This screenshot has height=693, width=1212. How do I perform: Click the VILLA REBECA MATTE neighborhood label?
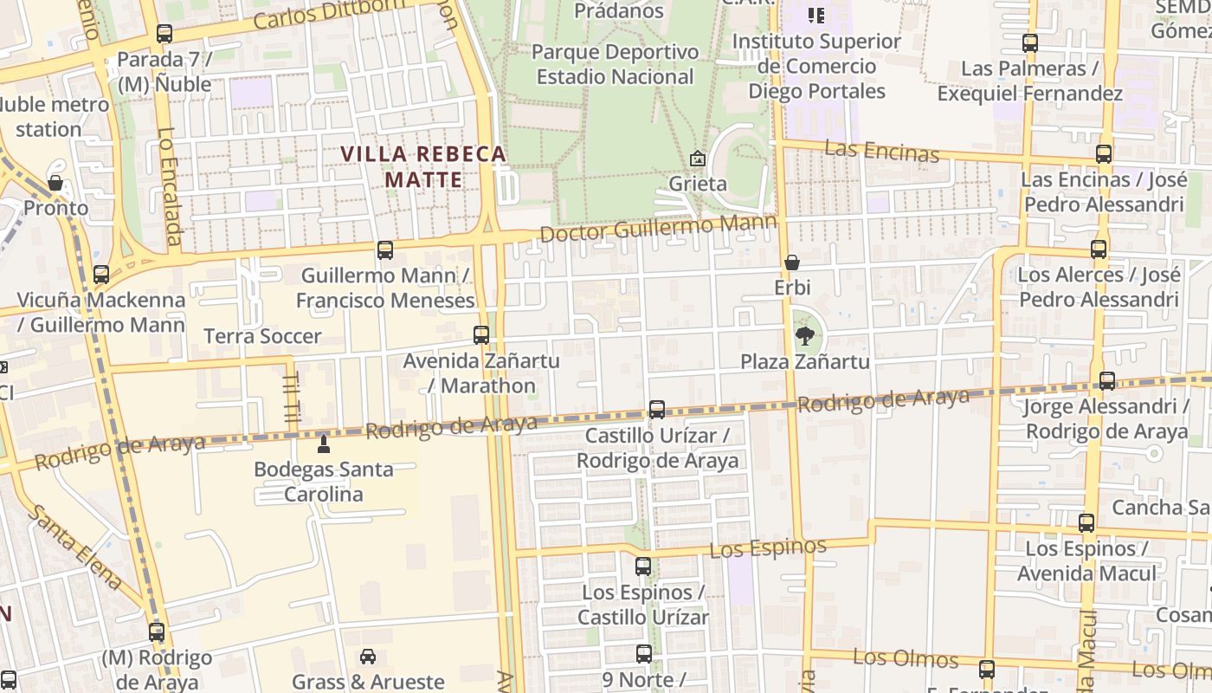(x=423, y=166)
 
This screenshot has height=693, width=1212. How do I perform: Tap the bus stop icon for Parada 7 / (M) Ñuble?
(x=164, y=34)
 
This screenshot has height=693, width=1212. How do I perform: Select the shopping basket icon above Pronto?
(x=55, y=183)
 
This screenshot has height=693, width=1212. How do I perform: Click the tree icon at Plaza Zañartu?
(x=804, y=335)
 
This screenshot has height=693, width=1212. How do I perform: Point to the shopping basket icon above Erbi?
(x=791, y=262)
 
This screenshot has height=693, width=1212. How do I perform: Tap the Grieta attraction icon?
(x=697, y=159)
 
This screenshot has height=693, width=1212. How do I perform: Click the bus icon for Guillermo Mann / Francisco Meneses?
(x=384, y=250)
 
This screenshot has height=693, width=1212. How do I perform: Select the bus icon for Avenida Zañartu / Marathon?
(x=481, y=335)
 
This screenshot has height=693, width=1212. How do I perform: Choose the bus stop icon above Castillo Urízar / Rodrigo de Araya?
(x=657, y=410)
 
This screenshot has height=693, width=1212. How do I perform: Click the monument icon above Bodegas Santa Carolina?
(x=324, y=444)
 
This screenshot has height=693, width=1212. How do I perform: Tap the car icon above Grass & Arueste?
(x=368, y=657)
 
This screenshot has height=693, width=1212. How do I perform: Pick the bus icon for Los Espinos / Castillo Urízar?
(x=642, y=567)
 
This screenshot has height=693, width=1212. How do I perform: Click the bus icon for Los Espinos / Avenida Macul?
(x=1086, y=523)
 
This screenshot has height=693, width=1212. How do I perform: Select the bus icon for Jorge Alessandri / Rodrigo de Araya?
(x=1106, y=380)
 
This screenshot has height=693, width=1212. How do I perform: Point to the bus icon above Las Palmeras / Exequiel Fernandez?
(x=1029, y=42)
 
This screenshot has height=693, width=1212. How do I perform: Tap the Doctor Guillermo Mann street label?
(x=657, y=229)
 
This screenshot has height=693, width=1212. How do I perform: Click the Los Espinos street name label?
(x=768, y=547)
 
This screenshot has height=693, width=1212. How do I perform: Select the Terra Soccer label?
(x=262, y=336)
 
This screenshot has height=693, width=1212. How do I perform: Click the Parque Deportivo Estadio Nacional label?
(x=615, y=64)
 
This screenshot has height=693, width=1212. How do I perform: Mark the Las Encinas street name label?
(x=881, y=151)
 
